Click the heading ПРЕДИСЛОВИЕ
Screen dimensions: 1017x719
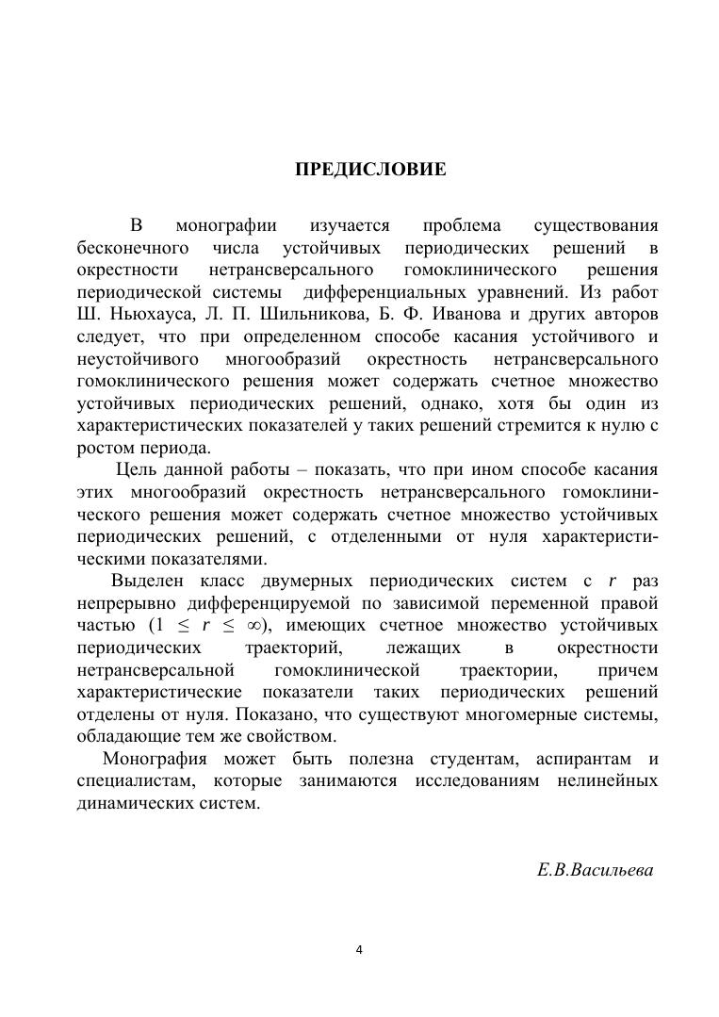[370, 171]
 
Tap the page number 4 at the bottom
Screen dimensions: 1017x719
[359, 949]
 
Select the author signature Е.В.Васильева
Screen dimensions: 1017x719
[595, 870]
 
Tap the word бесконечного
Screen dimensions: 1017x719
[130, 249]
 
